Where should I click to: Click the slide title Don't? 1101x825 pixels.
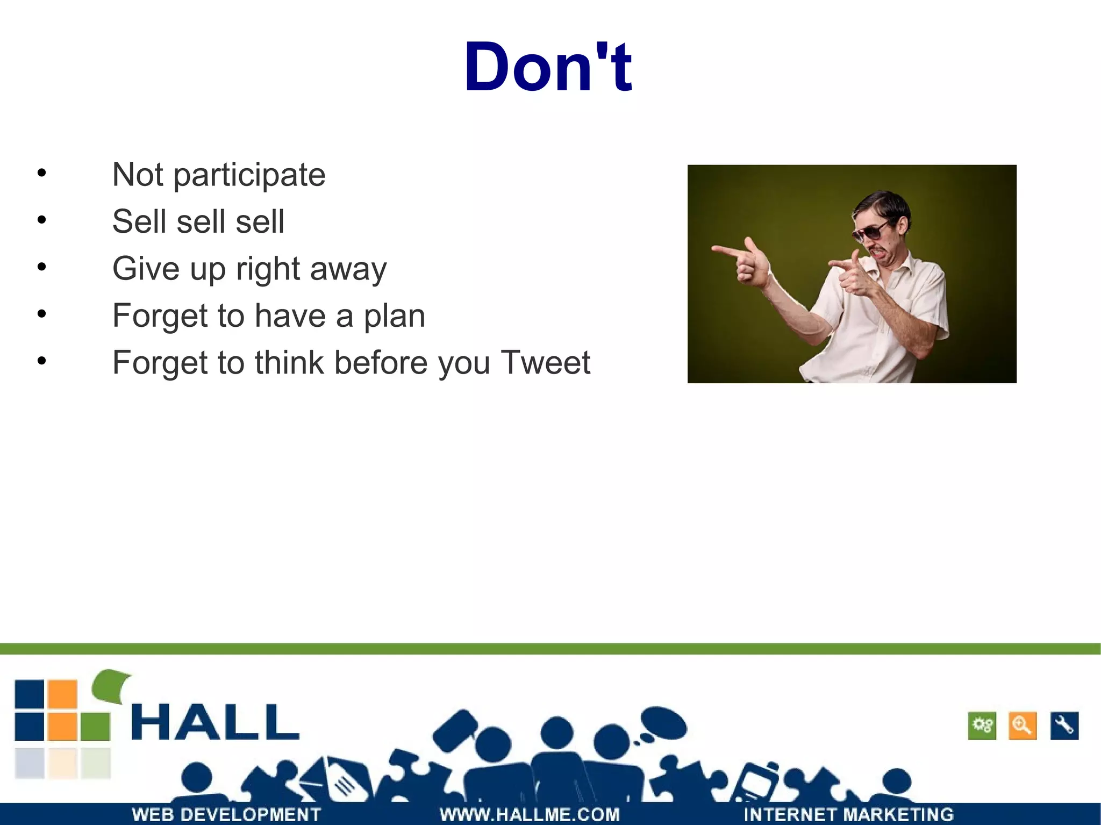(x=548, y=67)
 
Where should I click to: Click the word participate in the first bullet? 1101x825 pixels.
(x=249, y=175)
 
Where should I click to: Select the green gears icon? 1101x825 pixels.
(x=982, y=726)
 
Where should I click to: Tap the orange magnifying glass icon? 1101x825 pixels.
(x=1022, y=726)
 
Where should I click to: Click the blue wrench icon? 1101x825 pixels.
(x=1064, y=726)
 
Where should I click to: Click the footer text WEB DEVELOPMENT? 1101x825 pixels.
(x=226, y=814)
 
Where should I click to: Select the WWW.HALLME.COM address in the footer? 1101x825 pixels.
(x=530, y=814)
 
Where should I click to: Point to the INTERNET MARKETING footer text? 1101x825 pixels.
(x=848, y=814)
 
